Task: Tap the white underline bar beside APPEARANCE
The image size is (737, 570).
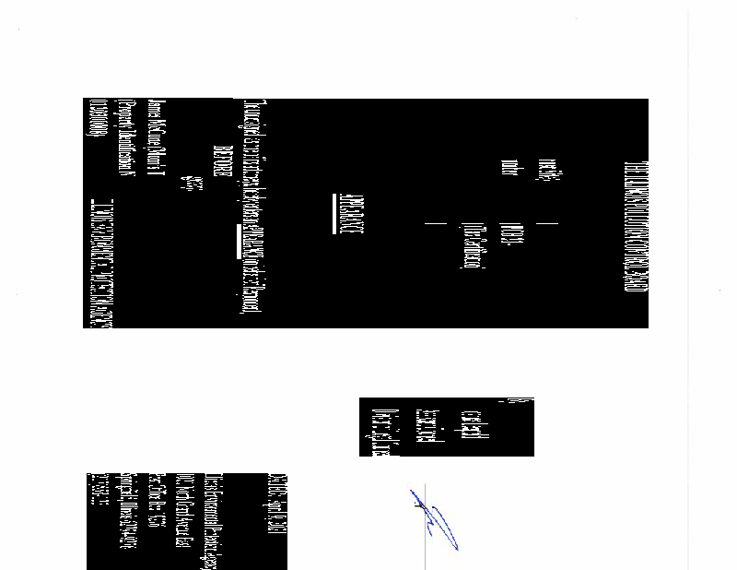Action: (333, 214)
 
